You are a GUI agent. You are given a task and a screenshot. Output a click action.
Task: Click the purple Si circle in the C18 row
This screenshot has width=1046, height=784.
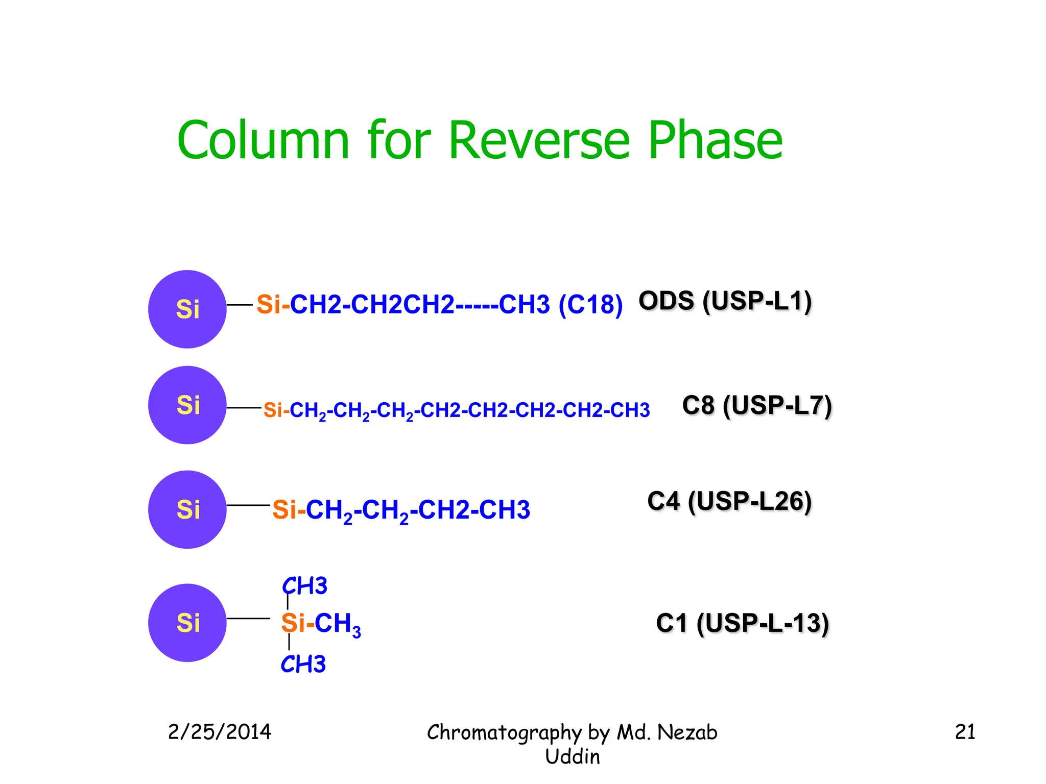pos(187,309)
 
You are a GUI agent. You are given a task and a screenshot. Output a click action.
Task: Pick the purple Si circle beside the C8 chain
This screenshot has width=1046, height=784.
pos(187,405)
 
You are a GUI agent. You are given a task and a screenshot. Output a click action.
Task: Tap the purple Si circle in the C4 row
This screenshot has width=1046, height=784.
pos(187,509)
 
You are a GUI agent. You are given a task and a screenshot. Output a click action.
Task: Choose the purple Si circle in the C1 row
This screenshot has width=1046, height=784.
pos(187,623)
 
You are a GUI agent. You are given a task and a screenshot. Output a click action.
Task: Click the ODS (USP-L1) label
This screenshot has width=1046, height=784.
pos(725,301)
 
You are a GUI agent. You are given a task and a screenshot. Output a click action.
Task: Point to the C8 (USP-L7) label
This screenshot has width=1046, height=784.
pos(757,406)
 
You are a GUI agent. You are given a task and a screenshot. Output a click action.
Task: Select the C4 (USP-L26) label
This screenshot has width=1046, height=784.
pos(729,501)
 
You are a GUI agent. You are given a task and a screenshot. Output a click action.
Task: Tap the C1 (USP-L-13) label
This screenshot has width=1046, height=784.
pos(742,623)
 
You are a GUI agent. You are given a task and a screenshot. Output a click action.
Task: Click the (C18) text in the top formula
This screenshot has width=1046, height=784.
pos(590,305)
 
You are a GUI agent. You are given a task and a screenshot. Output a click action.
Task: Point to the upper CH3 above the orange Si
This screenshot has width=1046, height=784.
pos(305,586)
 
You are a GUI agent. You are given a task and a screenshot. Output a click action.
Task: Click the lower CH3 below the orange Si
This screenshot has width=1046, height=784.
pos(303,665)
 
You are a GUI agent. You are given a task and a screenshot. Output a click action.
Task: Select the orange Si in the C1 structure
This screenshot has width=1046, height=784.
pos(293,623)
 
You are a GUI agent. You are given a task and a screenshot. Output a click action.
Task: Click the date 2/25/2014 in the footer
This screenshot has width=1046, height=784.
pos(220,732)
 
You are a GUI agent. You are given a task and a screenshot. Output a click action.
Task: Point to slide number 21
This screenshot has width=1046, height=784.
pos(965,732)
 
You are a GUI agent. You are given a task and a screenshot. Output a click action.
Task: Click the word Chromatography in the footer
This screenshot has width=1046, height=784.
pos(504,733)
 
